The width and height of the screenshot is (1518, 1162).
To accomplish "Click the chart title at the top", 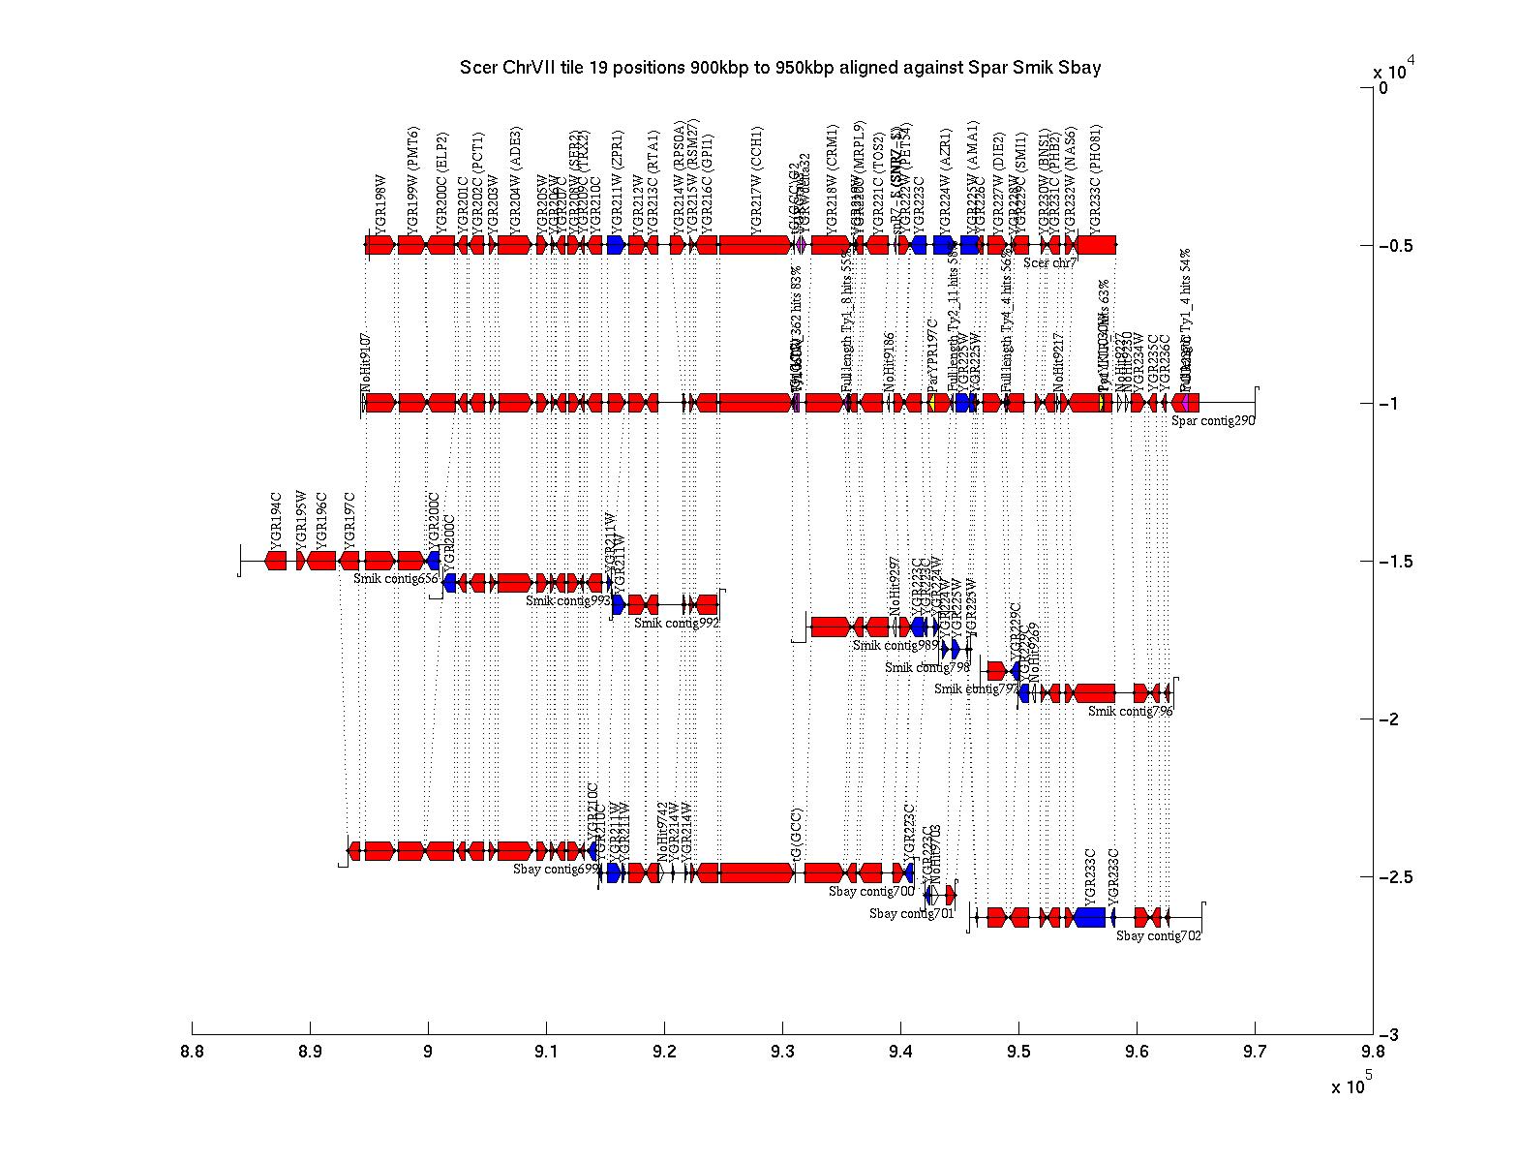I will tap(780, 68).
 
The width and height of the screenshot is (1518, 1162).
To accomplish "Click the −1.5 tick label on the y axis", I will tap(1394, 563).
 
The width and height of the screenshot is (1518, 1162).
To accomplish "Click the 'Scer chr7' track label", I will tap(1050, 262).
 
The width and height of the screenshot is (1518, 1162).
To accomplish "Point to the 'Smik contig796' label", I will tap(1130, 711).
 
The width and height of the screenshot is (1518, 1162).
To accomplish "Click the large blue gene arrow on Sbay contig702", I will tap(1089, 917).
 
